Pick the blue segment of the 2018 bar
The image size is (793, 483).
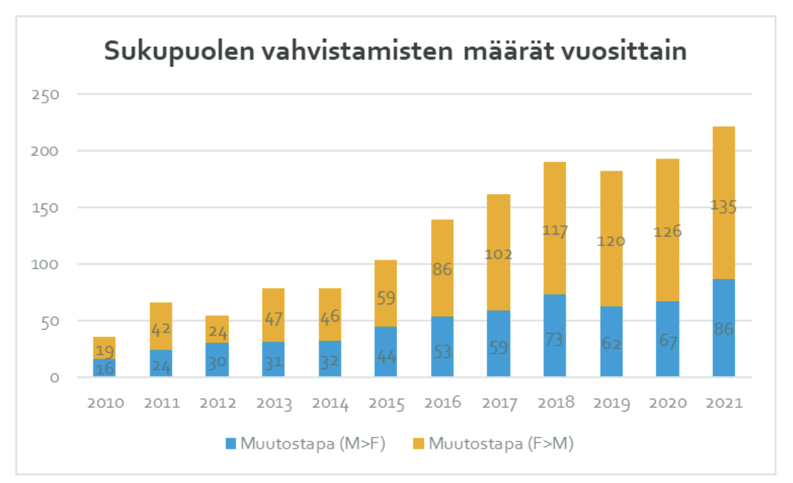pyautogui.click(x=554, y=317)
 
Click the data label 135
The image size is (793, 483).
pyautogui.click(x=723, y=207)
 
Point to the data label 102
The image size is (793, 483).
pyautogui.click(x=499, y=255)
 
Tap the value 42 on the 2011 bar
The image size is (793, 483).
pyautogui.click(x=161, y=330)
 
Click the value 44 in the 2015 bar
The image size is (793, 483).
pyautogui.click(x=386, y=357)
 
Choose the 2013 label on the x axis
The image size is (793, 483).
pyautogui.click(x=273, y=404)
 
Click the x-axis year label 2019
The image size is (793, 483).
pyautogui.click(x=611, y=404)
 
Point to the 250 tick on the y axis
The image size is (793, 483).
pyautogui.click(x=45, y=95)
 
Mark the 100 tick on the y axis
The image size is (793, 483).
pyautogui.click(x=45, y=264)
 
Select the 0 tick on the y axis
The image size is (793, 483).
pyautogui.click(x=54, y=378)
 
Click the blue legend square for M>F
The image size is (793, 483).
pyautogui.click(x=231, y=444)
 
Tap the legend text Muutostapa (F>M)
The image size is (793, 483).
pyautogui.click(x=501, y=444)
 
